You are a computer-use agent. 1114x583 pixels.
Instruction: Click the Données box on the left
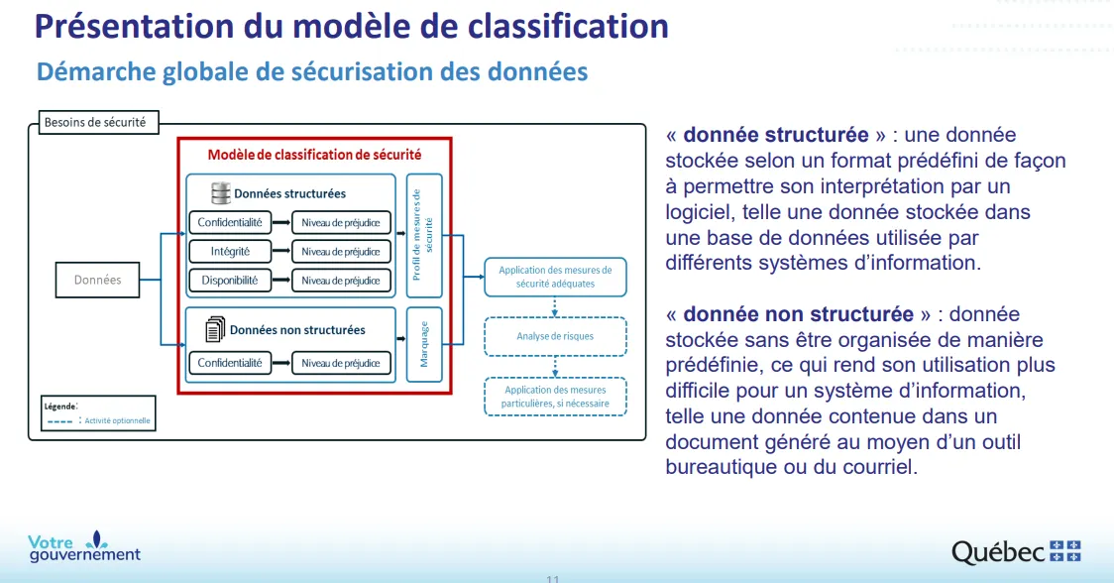click(x=97, y=280)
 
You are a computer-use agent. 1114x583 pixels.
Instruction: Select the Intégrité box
click(x=230, y=251)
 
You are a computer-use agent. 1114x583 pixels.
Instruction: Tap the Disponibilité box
click(x=230, y=281)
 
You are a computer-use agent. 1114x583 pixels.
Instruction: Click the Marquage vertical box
click(x=424, y=344)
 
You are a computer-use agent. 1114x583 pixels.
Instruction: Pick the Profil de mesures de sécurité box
click(x=424, y=235)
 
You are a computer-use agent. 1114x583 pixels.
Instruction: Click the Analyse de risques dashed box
click(x=555, y=336)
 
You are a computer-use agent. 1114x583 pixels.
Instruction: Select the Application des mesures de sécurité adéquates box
click(x=555, y=277)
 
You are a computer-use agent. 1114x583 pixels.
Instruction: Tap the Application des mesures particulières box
click(x=555, y=397)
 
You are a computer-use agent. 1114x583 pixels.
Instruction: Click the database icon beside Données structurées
click(x=221, y=192)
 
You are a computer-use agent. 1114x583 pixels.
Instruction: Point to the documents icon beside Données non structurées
click(x=215, y=329)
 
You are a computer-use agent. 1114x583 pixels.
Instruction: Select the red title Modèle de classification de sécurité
click(x=314, y=155)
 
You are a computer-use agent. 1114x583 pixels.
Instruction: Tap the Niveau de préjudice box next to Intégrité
click(x=341, y=251)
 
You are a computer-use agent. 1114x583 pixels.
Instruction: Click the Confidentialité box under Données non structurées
click(x=230, y=363)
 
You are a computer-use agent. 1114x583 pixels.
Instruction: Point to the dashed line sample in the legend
click(x=59, y=421)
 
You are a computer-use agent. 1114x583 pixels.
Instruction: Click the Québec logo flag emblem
click(x=1065, y=551)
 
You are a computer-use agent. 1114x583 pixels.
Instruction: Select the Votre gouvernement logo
click(x=84, y=546)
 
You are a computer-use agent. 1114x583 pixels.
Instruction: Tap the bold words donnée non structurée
click(x=798, y=314)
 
